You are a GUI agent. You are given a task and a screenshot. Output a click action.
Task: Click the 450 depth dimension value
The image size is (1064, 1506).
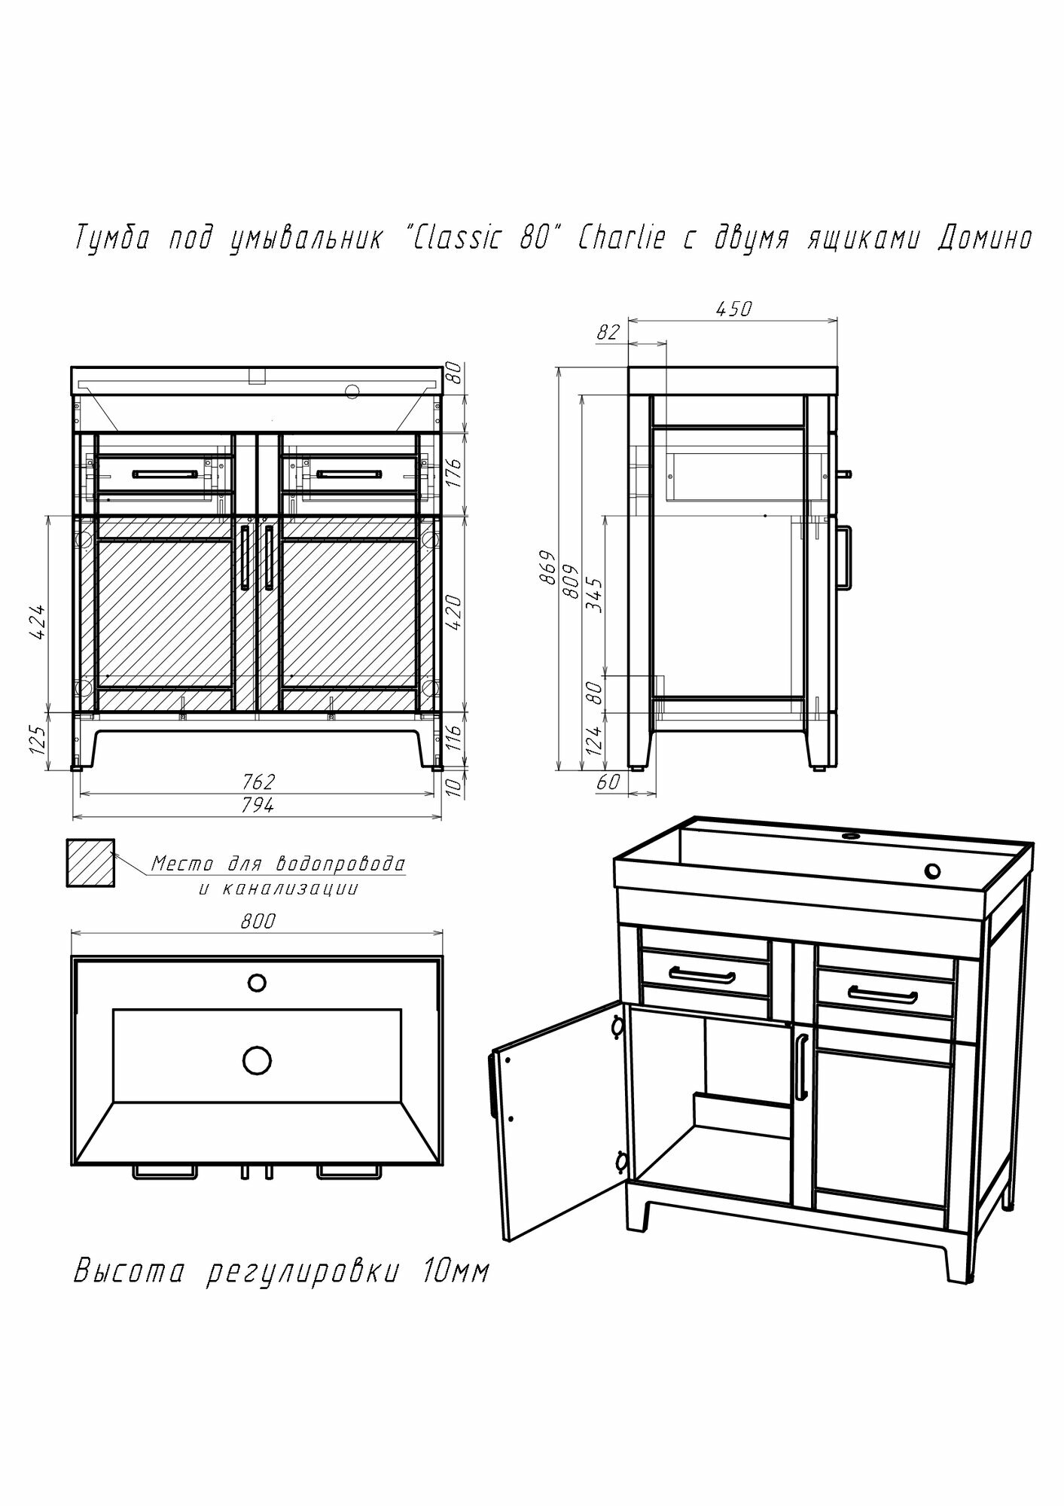pos(734,309)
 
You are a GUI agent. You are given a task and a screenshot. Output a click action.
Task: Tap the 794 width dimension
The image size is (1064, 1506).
pos(258,805)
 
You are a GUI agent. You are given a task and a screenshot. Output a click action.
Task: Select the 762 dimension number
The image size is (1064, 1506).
pos(258,781)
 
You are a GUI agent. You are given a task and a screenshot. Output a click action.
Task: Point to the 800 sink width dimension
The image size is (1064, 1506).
pos(258,921)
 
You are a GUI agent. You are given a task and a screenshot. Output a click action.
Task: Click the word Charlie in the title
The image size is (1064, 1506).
pos(621,239)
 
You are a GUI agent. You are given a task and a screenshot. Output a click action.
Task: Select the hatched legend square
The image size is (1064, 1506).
pos(90,863)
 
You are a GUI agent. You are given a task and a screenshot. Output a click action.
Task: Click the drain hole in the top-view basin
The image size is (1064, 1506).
pos(257,1060)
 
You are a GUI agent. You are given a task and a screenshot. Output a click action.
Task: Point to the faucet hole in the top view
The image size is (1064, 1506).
pos(257,982)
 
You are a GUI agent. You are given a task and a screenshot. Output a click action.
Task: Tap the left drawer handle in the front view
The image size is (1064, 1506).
pos(165,474)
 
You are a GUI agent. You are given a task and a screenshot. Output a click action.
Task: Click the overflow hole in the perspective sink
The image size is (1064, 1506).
pos(932,871)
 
